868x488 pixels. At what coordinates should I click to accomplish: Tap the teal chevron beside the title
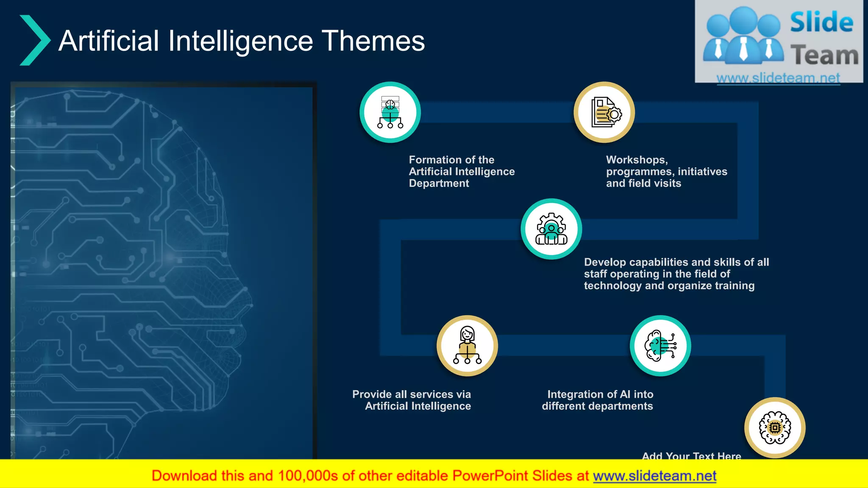pyautogui.click(x=35, y=40)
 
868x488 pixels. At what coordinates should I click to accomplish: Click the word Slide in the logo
pyautogui.click(x=821, y=22)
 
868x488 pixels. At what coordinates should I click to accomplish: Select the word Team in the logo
pyautogui.click(x=824, y=55)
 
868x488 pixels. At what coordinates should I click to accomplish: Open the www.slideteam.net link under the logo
pyautogui.click(x=778, y=78)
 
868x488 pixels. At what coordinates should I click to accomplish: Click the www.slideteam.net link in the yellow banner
pyautogui.click(x=654, y=476)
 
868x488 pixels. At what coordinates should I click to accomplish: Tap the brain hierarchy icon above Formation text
pyautogui.click(x=390, y=112)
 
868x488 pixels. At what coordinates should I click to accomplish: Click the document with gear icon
pyautogui.click(x=604, y=112)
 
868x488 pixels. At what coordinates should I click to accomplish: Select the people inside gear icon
pyautogui.click(x=551, y=229)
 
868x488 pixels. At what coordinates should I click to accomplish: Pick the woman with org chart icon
pyautogui.click(x=467, y=346)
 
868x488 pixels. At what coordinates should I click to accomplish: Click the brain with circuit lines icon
pyautogui.click(x=660, y=346)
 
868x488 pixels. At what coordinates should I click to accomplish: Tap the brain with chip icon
pyautogui.click(x=775, y=428)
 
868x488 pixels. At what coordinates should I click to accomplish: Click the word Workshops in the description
pyautogui.click(x=637, y=160)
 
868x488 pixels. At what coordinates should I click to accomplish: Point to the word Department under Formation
pyautogui.click(x=439, y=183)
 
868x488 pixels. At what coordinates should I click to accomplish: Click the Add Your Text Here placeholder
pyautogui.click(x=691, y=456)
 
